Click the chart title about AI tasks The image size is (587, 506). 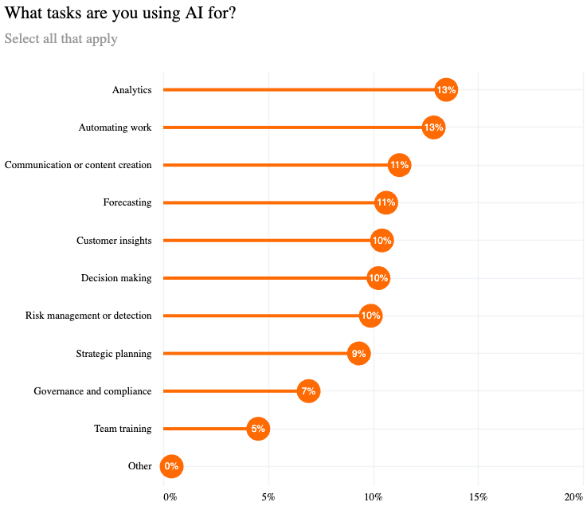(119, 14)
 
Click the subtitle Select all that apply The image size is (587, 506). (61, 39)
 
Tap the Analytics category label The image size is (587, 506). (131, 90)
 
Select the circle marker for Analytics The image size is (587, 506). (446, 90)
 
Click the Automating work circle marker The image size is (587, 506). (433, 127)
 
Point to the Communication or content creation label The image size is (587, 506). (78, 165)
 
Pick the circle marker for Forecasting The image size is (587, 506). (385, 202)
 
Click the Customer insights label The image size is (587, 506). (114, 241)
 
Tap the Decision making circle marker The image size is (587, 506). (378, 278)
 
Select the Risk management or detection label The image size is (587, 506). (88, 316)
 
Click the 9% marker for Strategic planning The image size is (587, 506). (359, 354)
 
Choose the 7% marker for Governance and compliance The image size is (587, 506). (308, 391)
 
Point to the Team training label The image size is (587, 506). (123, 429)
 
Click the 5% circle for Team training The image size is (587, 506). (258, 429)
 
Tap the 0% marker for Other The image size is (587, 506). (171, 466)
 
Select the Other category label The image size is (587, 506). (139, 466)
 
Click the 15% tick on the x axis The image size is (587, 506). (478, 497)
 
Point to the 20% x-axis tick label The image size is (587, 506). (574, 497)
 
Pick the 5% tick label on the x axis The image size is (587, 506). (268, 497)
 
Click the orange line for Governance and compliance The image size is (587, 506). (231, 391)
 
